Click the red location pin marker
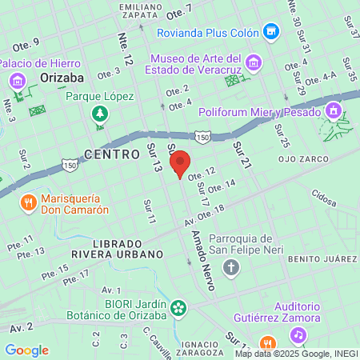click(181, 163)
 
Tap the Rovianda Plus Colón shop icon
click(272, 32)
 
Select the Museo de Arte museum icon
click(254, 62)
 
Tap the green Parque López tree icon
click(99, 113)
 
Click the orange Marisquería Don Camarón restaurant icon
click(29, 202)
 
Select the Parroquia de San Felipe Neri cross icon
click(231, 266)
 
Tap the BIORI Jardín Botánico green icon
click(178, 306)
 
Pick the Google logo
click(26, 350)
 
